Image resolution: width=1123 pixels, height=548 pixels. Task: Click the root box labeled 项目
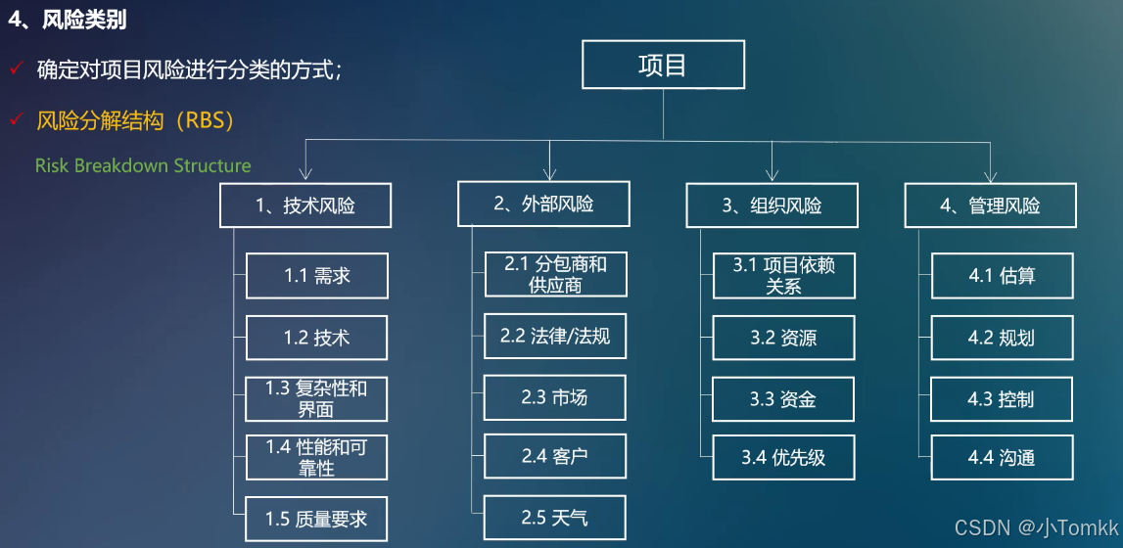point(663,66)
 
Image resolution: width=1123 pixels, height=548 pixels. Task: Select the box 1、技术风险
point(305,205)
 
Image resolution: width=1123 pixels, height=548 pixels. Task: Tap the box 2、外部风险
point(543,204)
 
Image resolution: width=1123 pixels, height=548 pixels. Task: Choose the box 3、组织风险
point(772,205)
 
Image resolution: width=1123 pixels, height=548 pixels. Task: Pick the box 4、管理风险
point(990,205)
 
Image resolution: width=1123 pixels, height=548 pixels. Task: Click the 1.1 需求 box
point(317,276)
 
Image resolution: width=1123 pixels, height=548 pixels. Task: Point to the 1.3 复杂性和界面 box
point(316,398)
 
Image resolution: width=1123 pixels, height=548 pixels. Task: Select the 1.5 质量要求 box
point(316,519)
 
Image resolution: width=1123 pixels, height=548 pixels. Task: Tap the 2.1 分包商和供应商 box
point(555,275)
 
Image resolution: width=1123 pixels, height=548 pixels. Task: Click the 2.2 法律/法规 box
point(555,337)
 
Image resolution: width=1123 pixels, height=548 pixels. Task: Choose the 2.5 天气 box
point(555,517)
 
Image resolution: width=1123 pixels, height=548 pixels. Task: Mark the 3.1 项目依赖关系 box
point(783,275)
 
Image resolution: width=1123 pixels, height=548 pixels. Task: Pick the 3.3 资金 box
point(783,399)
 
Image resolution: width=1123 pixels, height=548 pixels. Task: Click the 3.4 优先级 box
point(783,457)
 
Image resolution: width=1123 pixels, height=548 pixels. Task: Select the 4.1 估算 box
point(1001,276)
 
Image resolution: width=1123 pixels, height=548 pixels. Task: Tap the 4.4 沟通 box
point(1001,457)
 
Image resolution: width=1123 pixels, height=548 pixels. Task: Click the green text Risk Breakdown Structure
point(143,165)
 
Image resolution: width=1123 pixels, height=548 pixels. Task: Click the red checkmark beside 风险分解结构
point(15,120)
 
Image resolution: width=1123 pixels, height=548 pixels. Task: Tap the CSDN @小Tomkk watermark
point(1037,528)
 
